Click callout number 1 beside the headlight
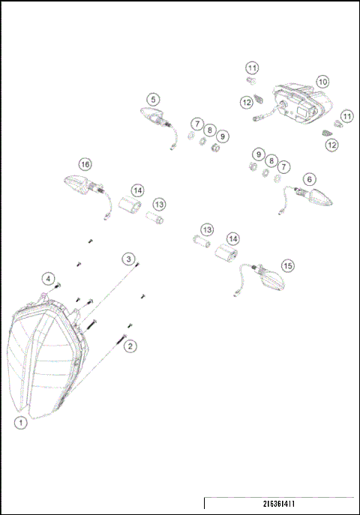22,423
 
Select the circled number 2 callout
130,346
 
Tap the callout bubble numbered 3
129,259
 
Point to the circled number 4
48,278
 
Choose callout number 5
152,99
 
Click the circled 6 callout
310,180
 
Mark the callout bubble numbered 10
322,81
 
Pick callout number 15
288,265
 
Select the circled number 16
85,163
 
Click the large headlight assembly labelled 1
45,360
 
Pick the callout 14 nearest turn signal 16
137,190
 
